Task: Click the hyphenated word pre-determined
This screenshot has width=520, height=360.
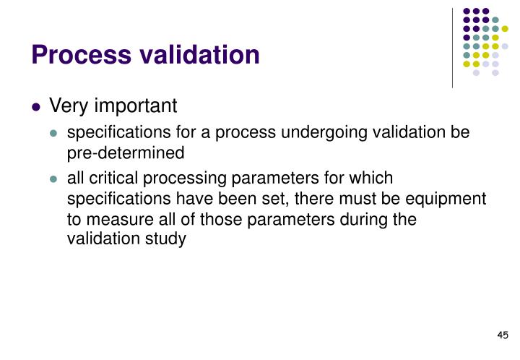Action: [x=126, y=153]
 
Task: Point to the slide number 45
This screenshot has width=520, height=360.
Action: [x=503, y=335]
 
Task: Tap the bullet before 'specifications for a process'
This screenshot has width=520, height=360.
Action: [x=54, y=134]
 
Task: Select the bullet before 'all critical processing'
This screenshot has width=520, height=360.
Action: [x=54, y=179]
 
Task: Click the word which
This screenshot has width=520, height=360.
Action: [x=371, y=178]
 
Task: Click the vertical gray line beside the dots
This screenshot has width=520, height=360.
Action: [x=453, y=47]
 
